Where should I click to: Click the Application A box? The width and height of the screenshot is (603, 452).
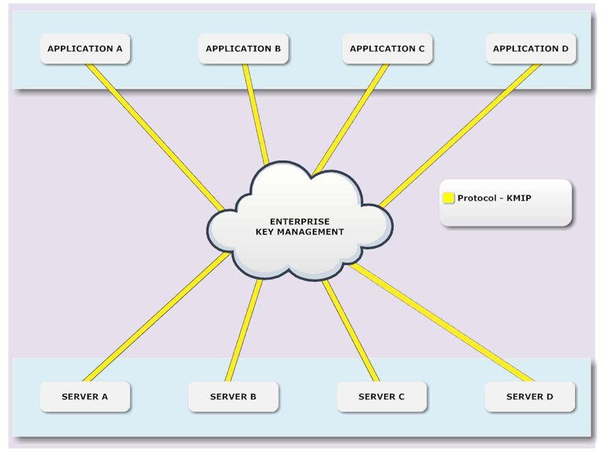85,49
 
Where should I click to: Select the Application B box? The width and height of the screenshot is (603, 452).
243,49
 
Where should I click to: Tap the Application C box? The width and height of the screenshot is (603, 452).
387,49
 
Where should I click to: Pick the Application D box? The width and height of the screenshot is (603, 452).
531,49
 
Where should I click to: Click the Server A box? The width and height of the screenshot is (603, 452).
85,397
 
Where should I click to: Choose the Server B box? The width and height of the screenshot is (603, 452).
233,397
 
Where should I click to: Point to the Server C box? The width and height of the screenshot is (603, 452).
381,397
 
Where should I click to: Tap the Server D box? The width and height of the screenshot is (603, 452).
530,397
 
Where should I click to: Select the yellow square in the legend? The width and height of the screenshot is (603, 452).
448,198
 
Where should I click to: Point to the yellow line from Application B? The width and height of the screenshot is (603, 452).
256,113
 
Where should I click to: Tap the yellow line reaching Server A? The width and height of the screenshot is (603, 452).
156,317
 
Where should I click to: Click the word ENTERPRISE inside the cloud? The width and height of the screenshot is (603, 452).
300,222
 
